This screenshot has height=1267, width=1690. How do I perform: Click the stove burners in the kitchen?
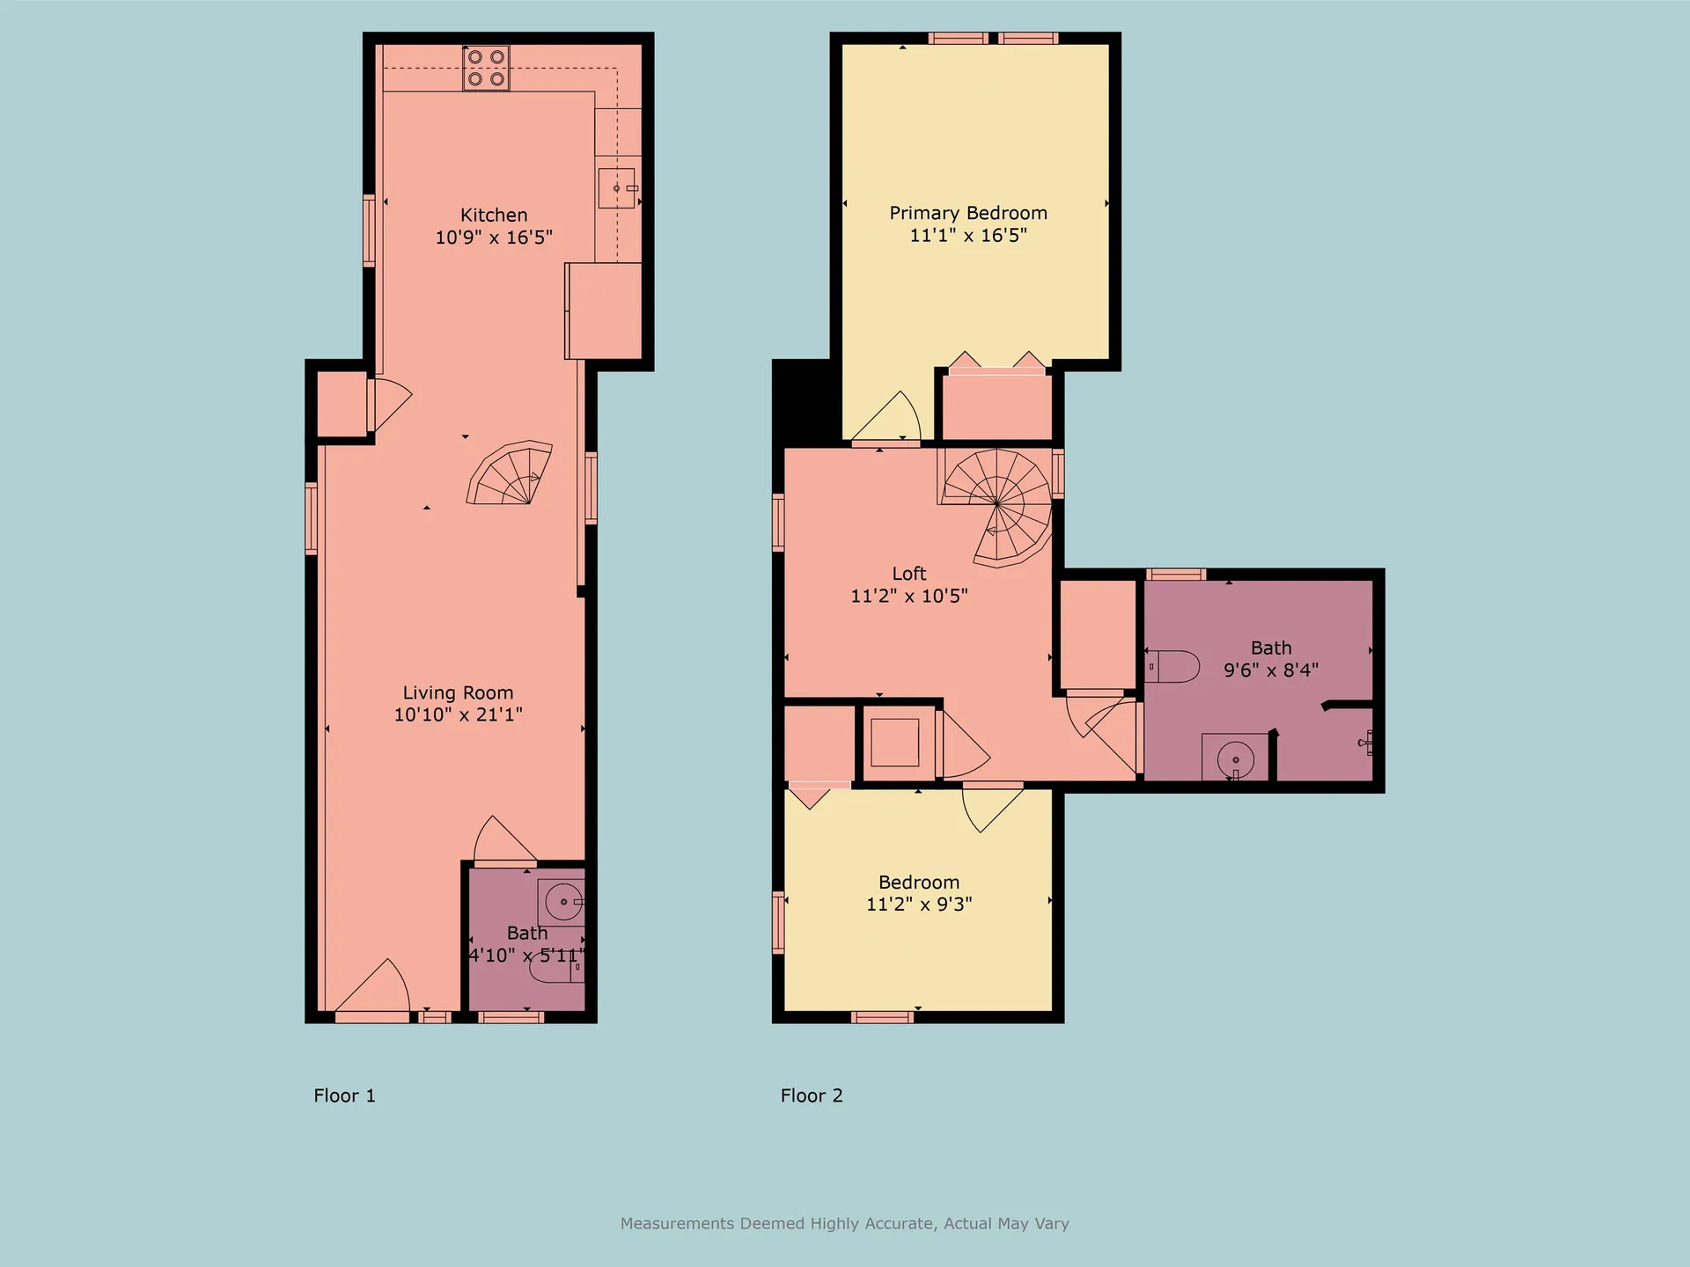[486, 68]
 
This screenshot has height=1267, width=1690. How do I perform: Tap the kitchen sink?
[617, 188]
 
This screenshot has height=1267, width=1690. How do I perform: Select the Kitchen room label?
[494, 215]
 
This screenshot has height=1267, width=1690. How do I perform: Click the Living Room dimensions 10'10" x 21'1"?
[458, 714]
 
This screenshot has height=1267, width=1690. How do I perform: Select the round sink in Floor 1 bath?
[563, 902]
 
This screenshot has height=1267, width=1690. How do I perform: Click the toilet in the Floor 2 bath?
[1172, 666]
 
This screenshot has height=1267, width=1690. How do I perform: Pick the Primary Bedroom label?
[968, 213]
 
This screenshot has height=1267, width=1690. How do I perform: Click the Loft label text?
[909, 574]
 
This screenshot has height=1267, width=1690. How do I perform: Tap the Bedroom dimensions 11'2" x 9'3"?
[919, 904]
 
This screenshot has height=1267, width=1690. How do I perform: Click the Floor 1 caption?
[344, 1095]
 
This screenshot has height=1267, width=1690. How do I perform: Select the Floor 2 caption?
[812, 1095]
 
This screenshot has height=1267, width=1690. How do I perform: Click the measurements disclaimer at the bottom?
[845, 1223]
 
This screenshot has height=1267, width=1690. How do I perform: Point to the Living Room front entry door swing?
[372, 986]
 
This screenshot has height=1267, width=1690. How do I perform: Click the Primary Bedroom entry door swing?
[886, 416]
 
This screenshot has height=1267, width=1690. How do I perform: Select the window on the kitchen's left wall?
[370, 231]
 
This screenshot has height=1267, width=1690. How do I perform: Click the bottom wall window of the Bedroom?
[882, 1017]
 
